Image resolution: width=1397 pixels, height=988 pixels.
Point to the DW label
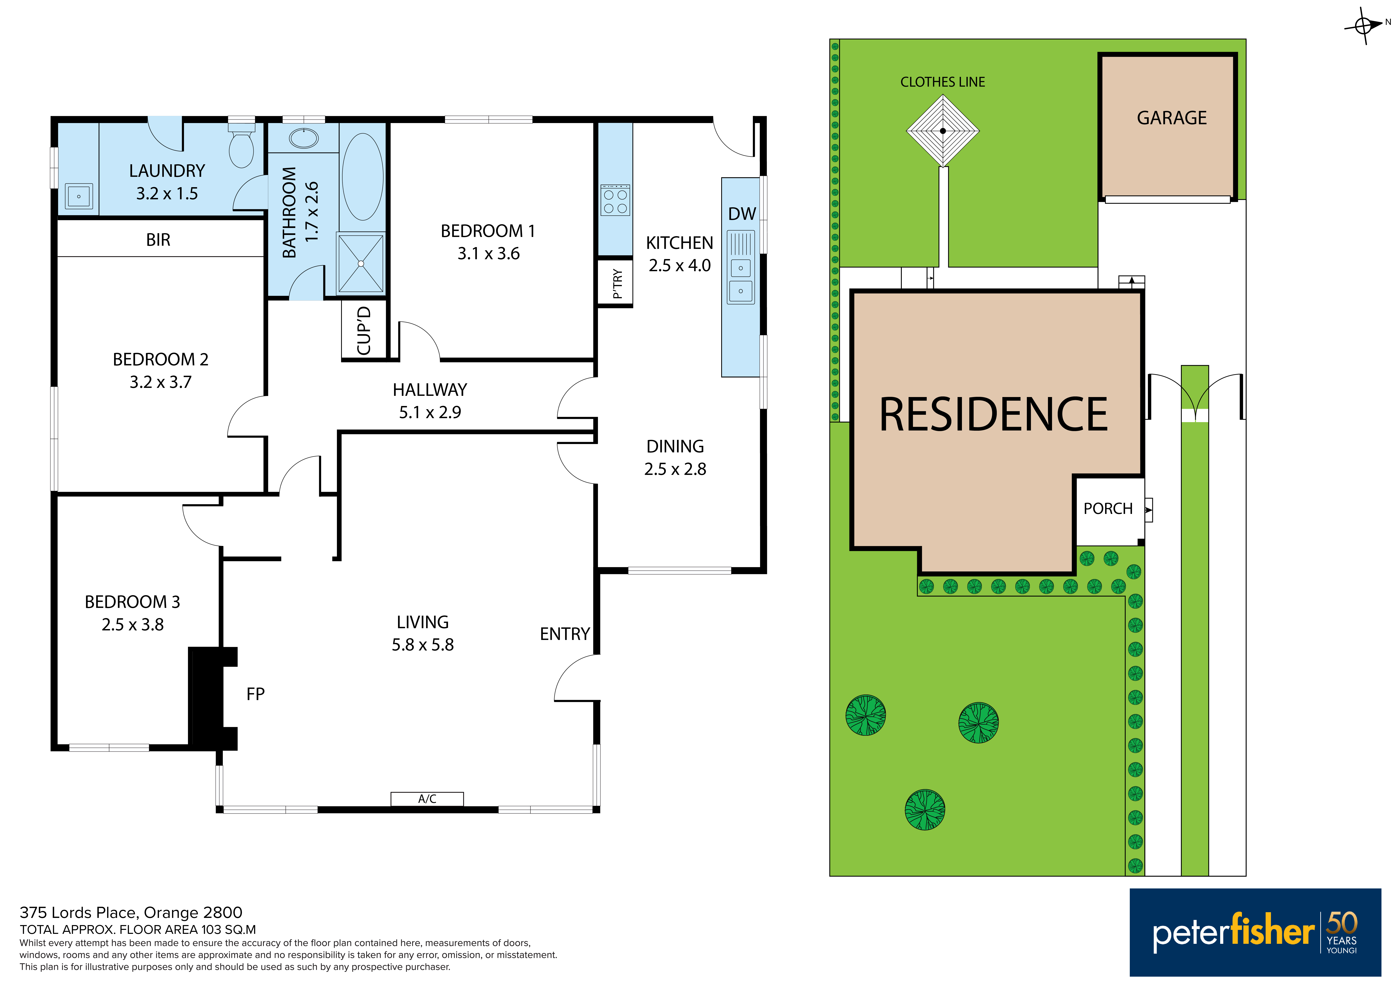[742, 214]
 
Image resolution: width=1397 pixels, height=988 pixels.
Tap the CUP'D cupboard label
[364, 331]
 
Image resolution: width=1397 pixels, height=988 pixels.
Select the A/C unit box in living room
[427, 799]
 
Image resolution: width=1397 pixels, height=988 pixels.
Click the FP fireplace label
[255, 694]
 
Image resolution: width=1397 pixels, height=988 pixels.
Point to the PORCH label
[1108, 509]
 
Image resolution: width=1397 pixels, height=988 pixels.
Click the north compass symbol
[1364, 25]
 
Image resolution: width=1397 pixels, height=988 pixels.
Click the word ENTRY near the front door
[565, 635]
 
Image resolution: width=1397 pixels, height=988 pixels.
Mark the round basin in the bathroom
[304, 138]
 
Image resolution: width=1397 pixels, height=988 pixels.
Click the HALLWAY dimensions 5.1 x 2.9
[430, 413]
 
